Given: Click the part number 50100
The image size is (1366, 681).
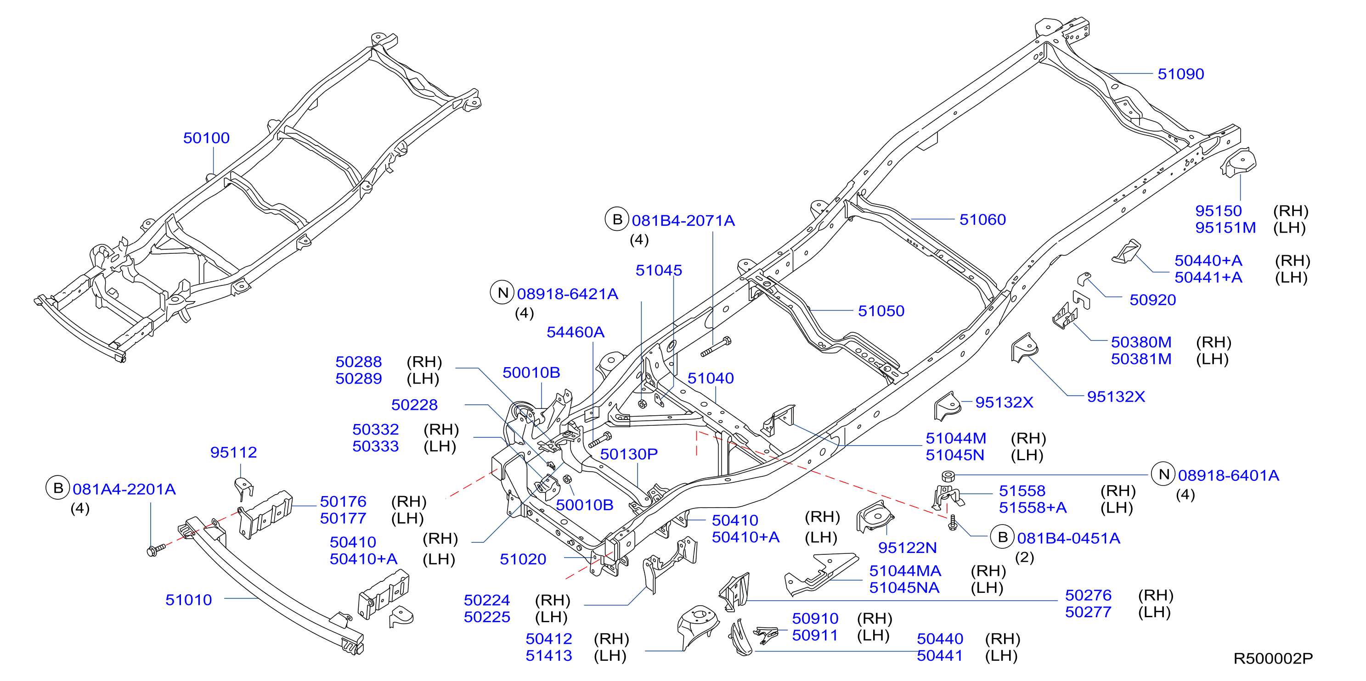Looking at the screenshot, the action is (206, 138).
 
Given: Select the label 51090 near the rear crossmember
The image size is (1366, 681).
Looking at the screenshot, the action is (1180, 74).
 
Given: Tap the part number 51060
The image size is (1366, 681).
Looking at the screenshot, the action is (982, 219).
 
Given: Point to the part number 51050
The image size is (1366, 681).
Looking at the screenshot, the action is (881, 311).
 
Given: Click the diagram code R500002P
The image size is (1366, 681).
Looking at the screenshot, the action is (1273, 658).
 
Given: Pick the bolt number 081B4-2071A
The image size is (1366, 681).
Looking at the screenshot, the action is (683, 220).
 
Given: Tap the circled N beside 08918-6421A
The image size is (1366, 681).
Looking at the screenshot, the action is (502, 292).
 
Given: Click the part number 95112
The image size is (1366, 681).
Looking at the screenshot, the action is (233, 452).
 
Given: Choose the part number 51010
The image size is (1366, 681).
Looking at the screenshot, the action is (188, 599).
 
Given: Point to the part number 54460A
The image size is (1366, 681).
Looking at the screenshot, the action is (576, 332).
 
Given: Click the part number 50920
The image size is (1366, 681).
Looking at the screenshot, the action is (1152, 300).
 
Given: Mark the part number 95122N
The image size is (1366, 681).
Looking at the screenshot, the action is (907, 547).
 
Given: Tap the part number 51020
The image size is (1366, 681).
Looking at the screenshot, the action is (523, 559).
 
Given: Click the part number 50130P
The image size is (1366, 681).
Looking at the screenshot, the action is (629, 454).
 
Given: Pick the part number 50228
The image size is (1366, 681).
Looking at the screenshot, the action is (414, 405).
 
